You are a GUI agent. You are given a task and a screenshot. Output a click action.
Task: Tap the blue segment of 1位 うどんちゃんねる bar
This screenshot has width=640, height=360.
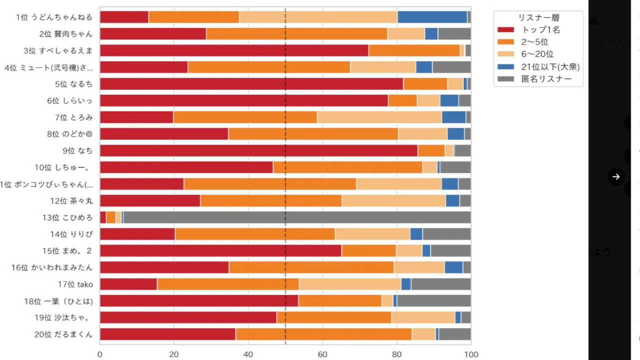coord(432,17)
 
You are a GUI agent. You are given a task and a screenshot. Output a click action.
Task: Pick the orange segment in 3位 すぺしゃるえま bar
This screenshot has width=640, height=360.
coord(414,50)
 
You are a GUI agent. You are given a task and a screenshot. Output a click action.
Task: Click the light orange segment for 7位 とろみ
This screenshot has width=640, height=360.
coord(379,117)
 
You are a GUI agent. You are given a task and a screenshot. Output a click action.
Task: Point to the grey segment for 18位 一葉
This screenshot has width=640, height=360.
coord(433,300)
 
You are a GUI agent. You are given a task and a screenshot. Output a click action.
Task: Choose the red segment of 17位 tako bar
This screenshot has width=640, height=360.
coord(128,284)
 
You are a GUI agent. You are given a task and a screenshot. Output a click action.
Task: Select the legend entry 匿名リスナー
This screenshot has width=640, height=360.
coord(546,78)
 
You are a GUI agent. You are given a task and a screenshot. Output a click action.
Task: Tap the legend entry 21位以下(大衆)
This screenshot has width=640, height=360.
coord(550,66)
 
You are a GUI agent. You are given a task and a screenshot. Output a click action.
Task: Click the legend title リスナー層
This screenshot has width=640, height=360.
coord(538,17)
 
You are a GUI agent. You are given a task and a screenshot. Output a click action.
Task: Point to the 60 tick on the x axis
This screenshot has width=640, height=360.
coord(322,354)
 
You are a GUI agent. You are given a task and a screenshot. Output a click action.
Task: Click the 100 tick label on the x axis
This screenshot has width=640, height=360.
coord(471,354)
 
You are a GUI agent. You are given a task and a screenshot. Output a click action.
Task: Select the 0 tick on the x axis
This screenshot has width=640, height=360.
coord(100,354)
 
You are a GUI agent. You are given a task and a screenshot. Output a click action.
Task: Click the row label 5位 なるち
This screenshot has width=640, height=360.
coord(74,84)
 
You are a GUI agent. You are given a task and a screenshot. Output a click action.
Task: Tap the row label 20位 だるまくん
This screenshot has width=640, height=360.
coord(63,334)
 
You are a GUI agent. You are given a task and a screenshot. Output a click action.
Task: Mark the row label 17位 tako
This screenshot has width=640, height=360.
coord(75,284)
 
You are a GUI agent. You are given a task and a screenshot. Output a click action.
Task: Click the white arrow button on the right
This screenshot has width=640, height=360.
coord(616,176)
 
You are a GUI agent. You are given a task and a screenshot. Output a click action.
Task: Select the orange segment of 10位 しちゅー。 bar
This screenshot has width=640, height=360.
coord(347,167)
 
